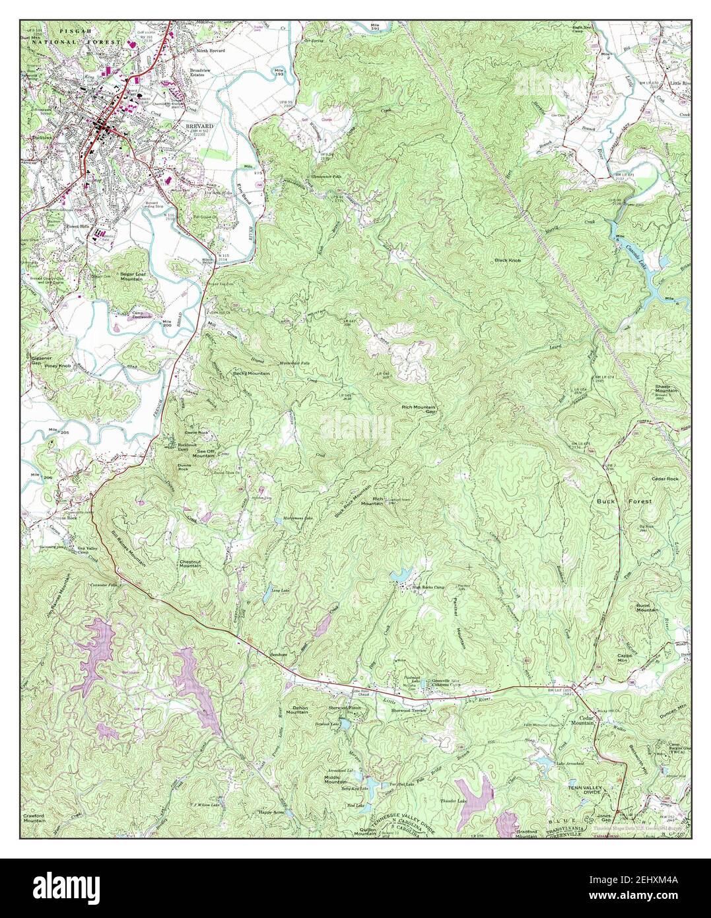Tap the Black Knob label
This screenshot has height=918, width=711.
click(x=508, y=261)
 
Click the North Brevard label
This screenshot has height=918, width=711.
click(x=209, y=51)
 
